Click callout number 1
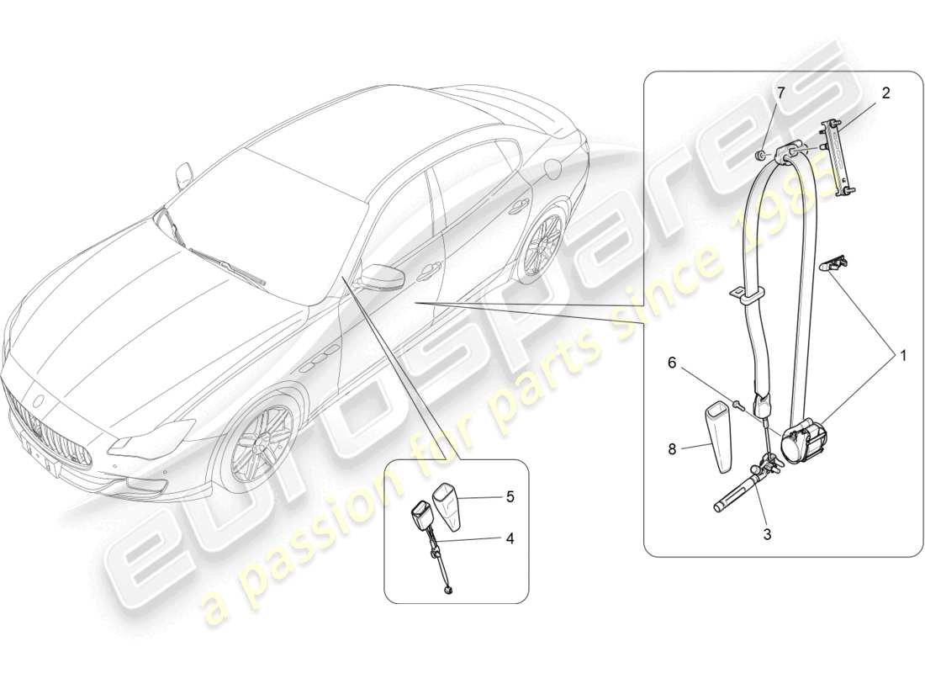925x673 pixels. point(904,356)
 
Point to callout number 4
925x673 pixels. point(509,538)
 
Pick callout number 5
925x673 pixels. point(509,496)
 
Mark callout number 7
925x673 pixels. point(780,93)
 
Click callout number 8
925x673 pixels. point(672,449)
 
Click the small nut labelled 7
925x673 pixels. point(759,154)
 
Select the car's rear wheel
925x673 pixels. point(540,246)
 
